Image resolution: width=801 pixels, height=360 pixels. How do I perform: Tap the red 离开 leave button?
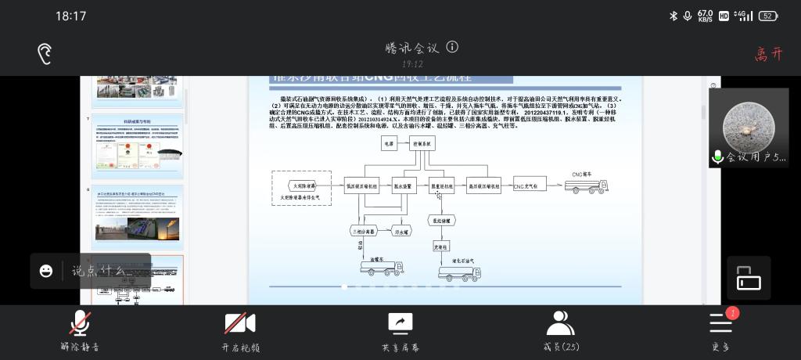[768, 54]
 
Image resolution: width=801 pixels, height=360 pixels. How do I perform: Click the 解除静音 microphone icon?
[80, 323]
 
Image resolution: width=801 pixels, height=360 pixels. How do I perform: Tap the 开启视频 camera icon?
[240, 323]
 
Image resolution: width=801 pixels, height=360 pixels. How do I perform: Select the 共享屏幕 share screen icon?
[400, 323]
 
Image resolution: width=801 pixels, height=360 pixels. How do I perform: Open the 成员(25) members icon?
[560, 322]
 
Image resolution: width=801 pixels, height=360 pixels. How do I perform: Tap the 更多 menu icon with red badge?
[720, 322]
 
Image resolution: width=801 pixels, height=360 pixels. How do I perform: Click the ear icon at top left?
[45, 53]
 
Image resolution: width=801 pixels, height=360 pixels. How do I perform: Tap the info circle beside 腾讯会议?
[452, 47]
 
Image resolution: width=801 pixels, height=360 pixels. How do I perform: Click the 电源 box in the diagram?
[390, 144]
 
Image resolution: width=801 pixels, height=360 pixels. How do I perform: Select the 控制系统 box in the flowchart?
[422, 144]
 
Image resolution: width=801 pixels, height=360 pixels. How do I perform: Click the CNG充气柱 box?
[530, 186]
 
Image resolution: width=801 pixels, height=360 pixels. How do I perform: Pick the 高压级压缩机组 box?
[483, 186]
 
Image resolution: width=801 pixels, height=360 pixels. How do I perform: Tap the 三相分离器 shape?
[364, 232]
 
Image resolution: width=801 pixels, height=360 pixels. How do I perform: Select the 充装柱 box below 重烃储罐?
[440, 247]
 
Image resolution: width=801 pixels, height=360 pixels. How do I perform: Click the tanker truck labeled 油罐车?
[381, 268]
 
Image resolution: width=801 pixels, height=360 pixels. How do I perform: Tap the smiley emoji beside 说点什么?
[46, 271]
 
